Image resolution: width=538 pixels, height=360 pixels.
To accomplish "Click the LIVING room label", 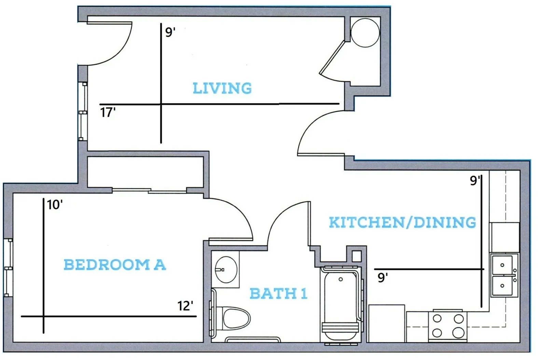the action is (x=222, y=88).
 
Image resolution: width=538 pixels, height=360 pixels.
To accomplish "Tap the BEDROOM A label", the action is (x=115, y=265).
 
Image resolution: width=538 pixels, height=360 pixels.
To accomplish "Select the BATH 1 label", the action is (x=279, y=293).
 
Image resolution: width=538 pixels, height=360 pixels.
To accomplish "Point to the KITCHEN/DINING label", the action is (x=402, y=222).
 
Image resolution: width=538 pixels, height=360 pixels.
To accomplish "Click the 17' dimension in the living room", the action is (x=108, y=112).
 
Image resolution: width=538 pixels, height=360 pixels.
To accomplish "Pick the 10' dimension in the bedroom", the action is (x=55, y=205).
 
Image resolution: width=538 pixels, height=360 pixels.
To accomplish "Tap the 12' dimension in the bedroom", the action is (x=185, y=306).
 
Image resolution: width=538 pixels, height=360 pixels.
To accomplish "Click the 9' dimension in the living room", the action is (x=170, y=32).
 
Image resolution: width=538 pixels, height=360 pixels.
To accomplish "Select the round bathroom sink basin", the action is (x=226, y=270).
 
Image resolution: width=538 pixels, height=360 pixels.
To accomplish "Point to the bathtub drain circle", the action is (x=341, y=280).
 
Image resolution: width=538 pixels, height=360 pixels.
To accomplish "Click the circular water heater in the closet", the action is (x=365, y=33).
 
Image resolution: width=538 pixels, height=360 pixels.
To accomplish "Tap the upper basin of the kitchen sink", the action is (x=502, y=265).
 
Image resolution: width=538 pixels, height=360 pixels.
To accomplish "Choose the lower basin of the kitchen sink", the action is (x=502, y=285).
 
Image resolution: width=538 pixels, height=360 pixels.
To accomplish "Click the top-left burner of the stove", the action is (x=437, y=319).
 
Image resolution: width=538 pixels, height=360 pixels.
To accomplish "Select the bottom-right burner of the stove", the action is (x=458, y=333).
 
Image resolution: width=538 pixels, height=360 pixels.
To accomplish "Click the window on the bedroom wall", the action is (x=8, y=268).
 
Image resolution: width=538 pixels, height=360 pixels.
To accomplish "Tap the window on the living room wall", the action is (x=83, y=111).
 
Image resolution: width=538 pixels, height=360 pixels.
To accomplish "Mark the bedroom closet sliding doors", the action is (x=149, y=191).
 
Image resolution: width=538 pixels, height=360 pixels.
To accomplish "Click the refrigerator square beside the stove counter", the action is (x=387, y=323).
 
